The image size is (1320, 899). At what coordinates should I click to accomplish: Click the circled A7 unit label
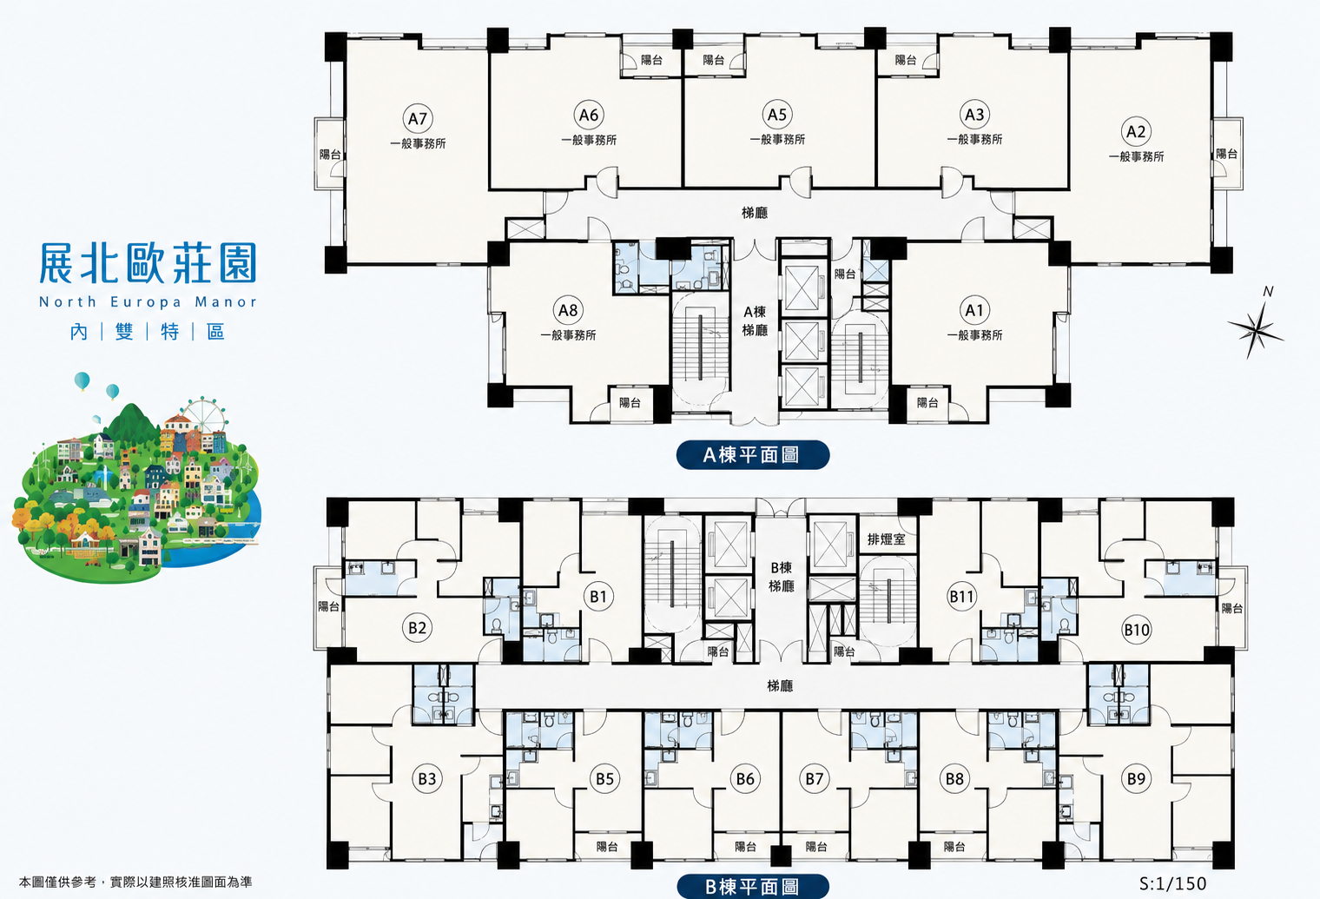pos(418,118)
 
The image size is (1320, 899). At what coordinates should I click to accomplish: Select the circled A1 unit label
pos(974,310)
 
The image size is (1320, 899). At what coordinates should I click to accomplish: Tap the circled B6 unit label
pos(745,779)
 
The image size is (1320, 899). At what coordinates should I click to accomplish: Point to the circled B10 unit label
pos(1136,631)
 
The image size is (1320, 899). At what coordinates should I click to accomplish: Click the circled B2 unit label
pos(417,627)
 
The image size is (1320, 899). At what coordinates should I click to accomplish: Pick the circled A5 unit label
pos(777,115)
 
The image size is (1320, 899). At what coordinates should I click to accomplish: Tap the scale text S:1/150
pos(1172,882)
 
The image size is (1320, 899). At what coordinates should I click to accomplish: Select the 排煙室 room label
pos(886,539)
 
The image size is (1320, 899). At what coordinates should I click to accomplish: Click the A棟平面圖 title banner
pos(753,454)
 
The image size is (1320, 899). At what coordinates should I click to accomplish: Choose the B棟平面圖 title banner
pos(753,886)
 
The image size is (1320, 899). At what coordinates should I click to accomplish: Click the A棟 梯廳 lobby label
pos(755,321)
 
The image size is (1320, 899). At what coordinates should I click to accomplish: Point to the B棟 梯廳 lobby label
pos(782,577)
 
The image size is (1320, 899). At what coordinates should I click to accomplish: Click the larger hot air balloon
pos(82,380)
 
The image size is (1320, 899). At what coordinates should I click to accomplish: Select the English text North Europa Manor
pos(148,301)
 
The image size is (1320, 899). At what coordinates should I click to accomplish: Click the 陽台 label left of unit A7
pos(330,155)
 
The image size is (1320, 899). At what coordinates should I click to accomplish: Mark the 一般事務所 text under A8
pos(568,335)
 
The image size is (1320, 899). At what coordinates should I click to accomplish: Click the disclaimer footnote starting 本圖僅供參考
pos(135,882)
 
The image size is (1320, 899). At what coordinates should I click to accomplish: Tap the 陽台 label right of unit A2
pos(1227,154)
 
